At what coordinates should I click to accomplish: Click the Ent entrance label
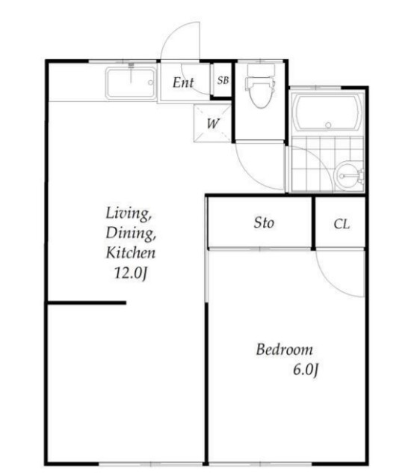pos(183,82)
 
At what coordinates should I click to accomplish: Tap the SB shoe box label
pos(223,80)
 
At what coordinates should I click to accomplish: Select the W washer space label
pos(213,124)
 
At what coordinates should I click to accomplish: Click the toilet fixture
pos(260,86)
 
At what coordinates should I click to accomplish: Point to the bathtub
pos(328,112)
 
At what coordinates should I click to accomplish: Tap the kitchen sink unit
pos(131,82)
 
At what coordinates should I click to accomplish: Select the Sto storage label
pos(264,223)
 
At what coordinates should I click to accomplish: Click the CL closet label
pos(342,224)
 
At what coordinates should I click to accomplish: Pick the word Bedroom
pos(284,350)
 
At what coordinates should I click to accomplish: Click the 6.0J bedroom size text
pos(306,370)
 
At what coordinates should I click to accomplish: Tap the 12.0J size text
pos(131,273)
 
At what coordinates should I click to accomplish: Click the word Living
pos(129,213)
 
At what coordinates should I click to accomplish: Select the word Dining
pos(130,234)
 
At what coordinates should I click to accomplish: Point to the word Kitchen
pos(130,252)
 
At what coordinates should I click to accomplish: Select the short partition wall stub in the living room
pos(87,303)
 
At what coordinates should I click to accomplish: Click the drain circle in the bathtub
pos(328,124)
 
